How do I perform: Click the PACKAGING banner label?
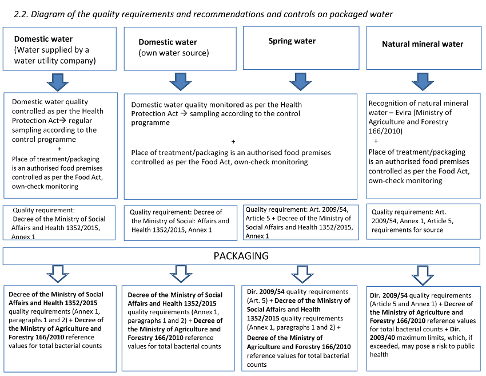(x=241, y=255)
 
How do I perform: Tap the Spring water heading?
(x=292, y=41)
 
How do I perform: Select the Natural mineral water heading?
(x=423, y=44)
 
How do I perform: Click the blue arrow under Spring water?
(x=300, y=81)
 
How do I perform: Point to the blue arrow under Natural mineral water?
(x=423, y=81)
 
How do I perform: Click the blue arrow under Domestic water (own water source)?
(x=180, y=81)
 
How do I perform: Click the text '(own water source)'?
(x=174, y=53)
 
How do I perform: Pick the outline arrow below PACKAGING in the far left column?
(x=59, y=274)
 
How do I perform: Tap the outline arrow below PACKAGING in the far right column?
(x=423, y=274)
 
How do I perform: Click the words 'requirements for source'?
(x=407, y=230)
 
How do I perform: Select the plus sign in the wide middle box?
(x=233, y=141)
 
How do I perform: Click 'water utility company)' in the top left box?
(x=55, y=60)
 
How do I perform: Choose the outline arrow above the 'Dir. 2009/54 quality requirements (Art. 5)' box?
(x=300, y=274)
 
